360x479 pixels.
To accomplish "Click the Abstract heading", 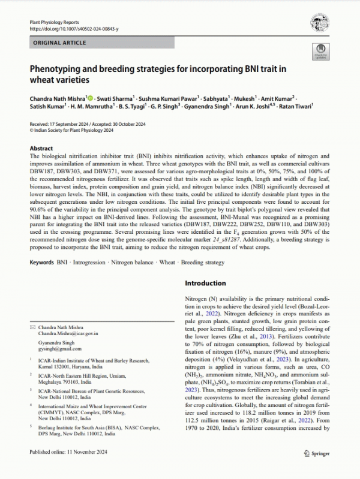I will (x=41, y=147).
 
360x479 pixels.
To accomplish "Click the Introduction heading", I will (x=205, y=283).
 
